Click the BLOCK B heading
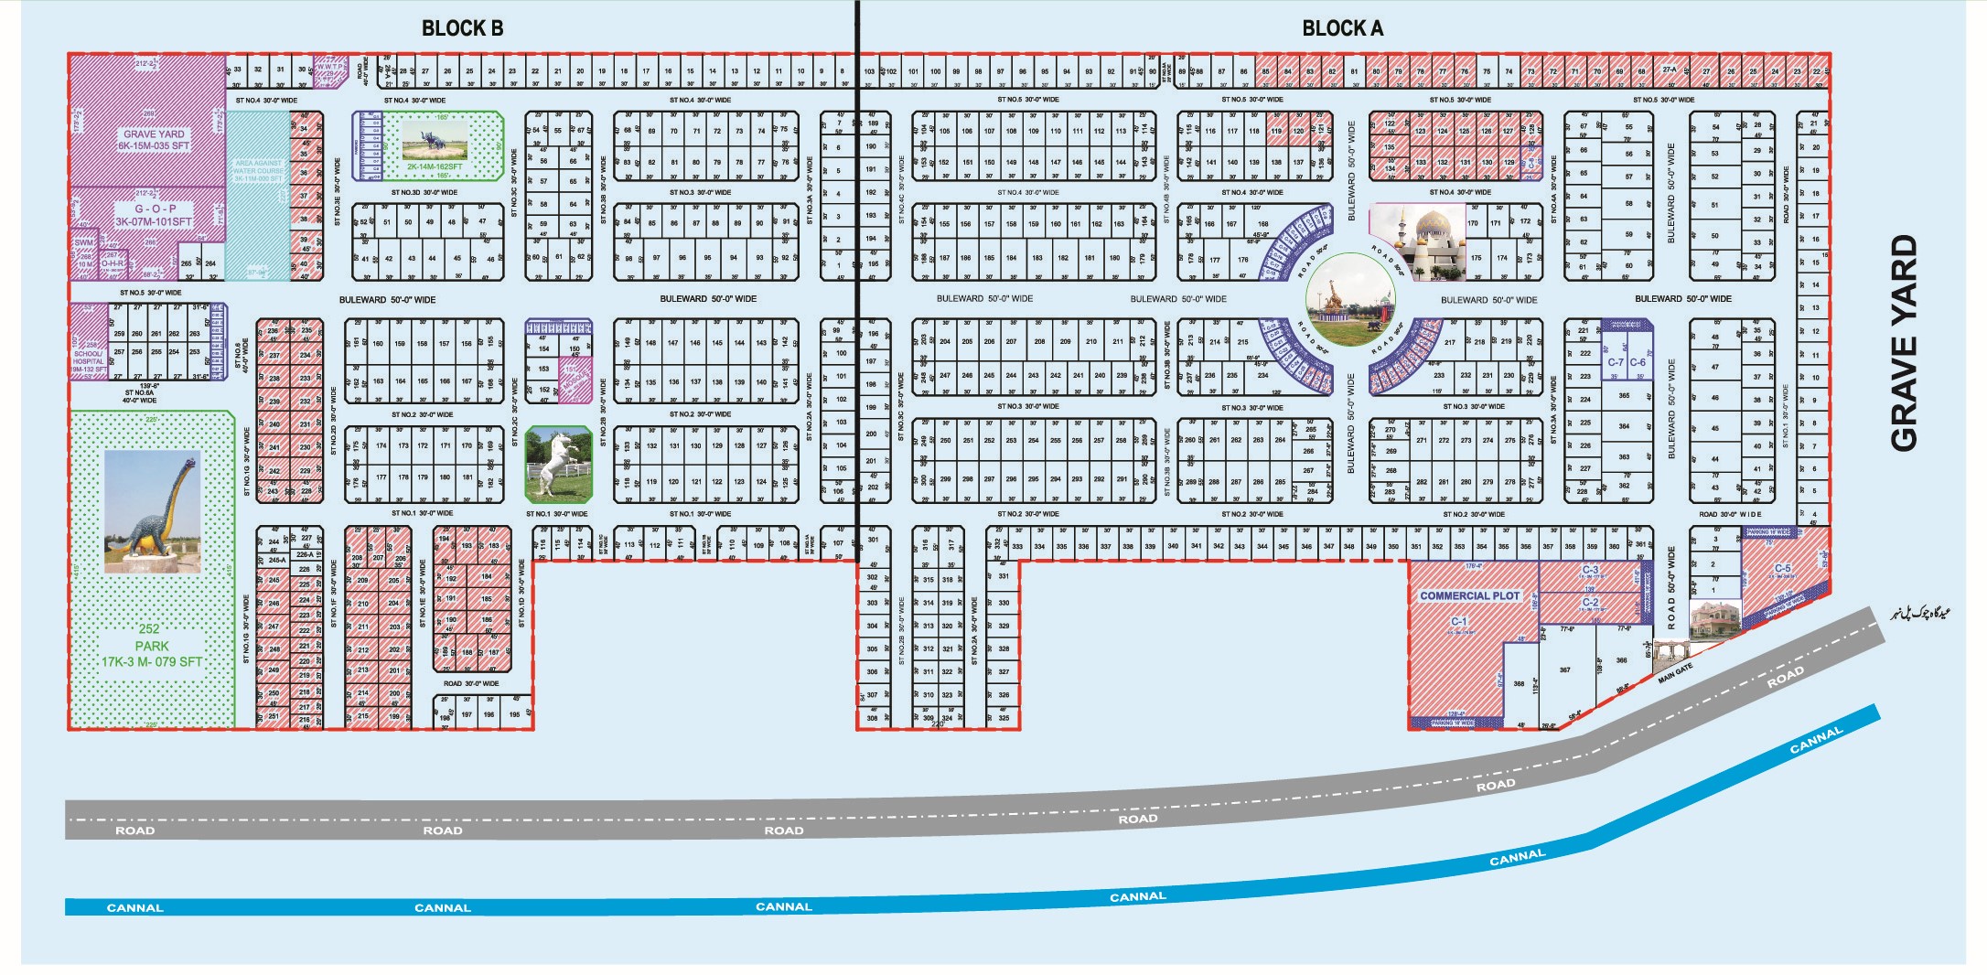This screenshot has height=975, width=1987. tap(462, 29)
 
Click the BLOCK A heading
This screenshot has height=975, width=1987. tap(1342, 29)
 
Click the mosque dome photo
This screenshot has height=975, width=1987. tap(1417, 241)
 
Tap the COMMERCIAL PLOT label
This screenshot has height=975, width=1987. tap(1469, 595)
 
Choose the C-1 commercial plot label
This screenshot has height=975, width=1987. tap(1458, 622)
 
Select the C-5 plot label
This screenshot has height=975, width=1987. tap(1782, 568)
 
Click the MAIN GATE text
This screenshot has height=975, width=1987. tap(1675, 673)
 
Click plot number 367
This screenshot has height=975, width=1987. tap(1564, 670)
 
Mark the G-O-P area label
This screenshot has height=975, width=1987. tap(156, 209)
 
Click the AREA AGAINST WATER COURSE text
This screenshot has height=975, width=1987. tap(258, 170)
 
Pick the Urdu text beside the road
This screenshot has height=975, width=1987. tap(1917, 612)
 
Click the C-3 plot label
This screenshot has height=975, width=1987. tap(1590, 570)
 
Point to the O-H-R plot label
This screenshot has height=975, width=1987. tap(112, 263)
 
